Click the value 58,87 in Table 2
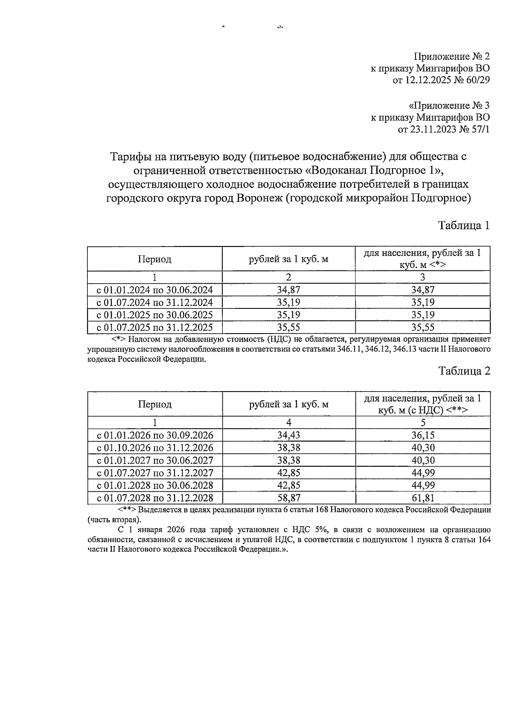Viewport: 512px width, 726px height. click(288, 498)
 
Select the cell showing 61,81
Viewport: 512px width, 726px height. click(422, 498)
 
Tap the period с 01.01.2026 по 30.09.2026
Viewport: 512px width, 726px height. click(155, 435)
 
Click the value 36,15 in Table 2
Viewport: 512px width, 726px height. click(422, 435)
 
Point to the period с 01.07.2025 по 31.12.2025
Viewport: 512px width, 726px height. click(155, 328)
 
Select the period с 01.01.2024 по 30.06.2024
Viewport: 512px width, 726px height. click(155, 290)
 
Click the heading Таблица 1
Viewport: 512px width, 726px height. click(464, 226)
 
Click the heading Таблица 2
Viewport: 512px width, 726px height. click(464, 371)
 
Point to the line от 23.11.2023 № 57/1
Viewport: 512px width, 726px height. click(444, 129)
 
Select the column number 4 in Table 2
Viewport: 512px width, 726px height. click(288, 422)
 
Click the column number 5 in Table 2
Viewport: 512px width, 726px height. click(422, 422)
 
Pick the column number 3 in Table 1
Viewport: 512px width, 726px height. click(422, 277)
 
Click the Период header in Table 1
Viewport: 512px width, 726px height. click(154, 259)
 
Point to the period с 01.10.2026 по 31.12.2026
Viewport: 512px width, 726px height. click(155, 447)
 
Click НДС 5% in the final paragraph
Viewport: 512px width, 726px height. click(314, 530)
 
